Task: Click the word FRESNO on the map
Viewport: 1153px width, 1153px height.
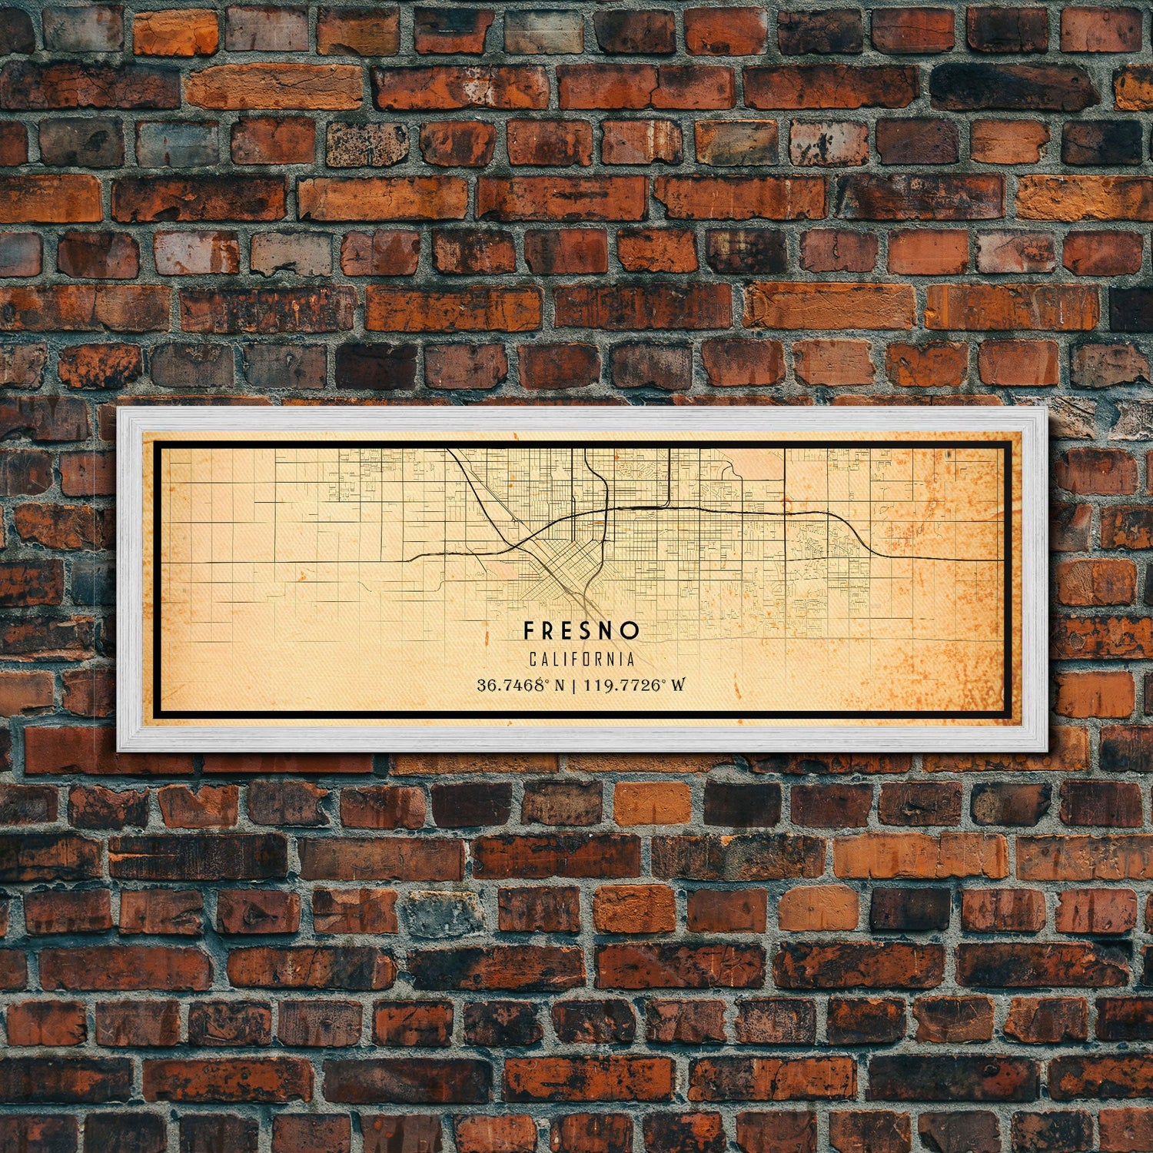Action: (581, 631)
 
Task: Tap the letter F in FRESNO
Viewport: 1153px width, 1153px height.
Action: (529, 631)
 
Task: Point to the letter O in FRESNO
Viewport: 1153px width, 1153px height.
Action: (632, 631)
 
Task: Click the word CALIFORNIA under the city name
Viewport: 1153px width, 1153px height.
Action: (582, 660)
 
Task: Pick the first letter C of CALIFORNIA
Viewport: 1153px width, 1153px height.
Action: (533, 660)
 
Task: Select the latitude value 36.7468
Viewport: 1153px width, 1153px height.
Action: (509, 685)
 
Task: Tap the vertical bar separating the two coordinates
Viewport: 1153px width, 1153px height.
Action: (574, 685)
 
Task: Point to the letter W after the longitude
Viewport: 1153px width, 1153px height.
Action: (677, 685)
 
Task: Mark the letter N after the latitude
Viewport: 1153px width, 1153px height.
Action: (558, 685)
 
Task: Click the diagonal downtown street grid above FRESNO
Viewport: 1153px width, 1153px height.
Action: (569, 565)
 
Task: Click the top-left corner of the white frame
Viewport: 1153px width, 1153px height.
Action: (118, 409)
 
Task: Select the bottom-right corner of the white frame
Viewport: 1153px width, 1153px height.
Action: (1046, 749)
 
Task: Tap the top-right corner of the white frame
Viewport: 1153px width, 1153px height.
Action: (1046, 409)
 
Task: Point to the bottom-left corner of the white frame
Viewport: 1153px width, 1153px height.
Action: (118, 749)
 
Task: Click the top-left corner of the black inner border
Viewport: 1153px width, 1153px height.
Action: (155, 443)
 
